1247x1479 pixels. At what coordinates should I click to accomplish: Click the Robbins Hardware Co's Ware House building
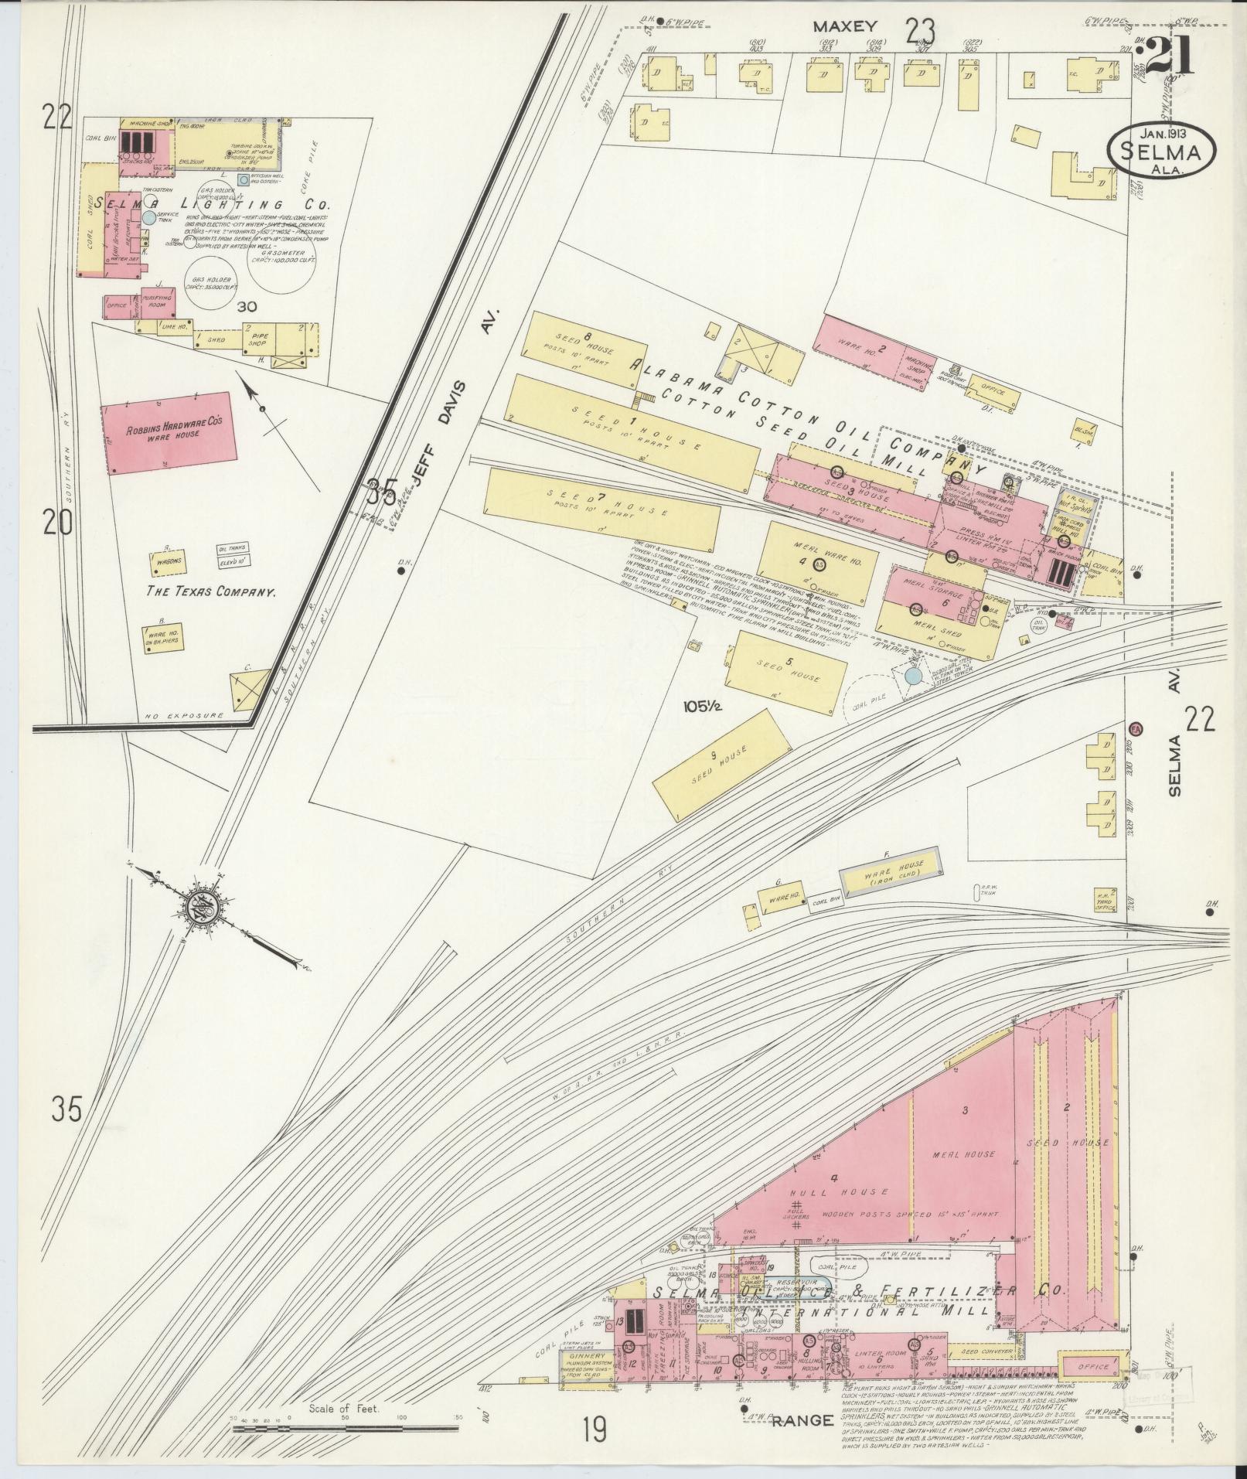pyautogui.click(x=169, y=436)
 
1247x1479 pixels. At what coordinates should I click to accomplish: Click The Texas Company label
pyautogui.click(x=213, y=591)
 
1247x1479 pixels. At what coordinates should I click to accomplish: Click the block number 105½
pyautogui.click(x=701, y=706)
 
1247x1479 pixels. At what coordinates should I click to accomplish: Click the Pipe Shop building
pyautogui.click(x=254, y=339)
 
